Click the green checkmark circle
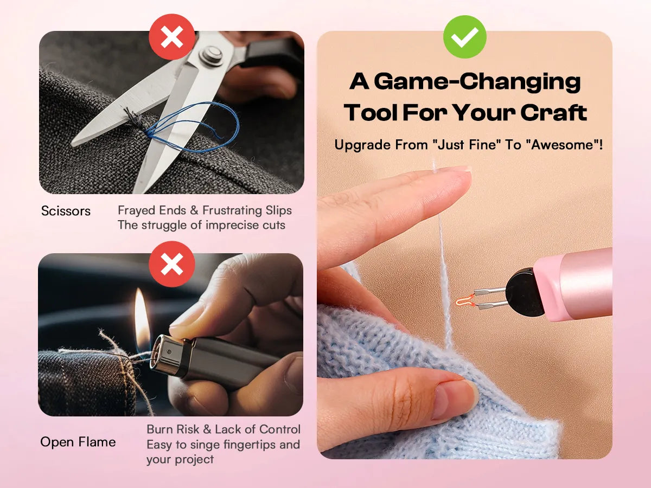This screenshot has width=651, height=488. (x=465, y=37)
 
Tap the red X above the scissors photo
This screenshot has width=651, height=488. (x=172, y=37)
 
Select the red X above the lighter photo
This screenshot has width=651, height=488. (x=172, y=264)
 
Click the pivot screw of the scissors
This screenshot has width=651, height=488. (x=211, y=55)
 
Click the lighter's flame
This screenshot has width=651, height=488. (x=142, y=317)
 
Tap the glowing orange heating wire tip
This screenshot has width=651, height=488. (x=465, y=300)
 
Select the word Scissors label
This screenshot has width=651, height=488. (x=66, y=211)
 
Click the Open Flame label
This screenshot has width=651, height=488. (x=78, y=442)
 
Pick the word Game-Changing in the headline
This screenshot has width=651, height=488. (x=477, y=82)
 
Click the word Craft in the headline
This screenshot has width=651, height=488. (x=554, y=113)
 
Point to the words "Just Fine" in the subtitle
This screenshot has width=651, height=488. (x=465, y=145)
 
